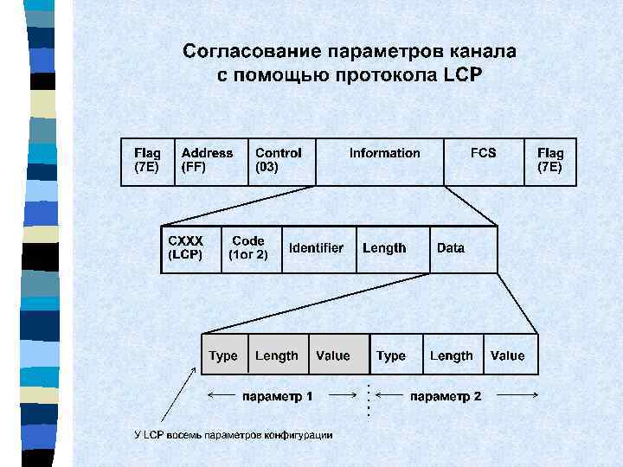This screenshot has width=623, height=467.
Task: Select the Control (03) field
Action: (281, 161)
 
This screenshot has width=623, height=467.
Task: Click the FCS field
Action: (484, 161)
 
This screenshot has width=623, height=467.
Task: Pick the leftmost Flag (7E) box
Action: (147, 161)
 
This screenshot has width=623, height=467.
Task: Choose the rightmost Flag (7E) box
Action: (550, 161)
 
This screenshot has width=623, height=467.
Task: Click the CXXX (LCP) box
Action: (191, 249)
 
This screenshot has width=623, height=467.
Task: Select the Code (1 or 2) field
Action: (252, 249)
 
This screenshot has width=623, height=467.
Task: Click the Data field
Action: (464, 249)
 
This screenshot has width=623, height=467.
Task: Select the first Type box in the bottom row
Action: (224, 355)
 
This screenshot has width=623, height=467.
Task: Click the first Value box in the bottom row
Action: (334, 355)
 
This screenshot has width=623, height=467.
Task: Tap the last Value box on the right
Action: (509, 355)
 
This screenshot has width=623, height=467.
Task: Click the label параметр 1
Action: (277, 396)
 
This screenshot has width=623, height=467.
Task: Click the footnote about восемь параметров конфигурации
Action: (233, 434)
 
